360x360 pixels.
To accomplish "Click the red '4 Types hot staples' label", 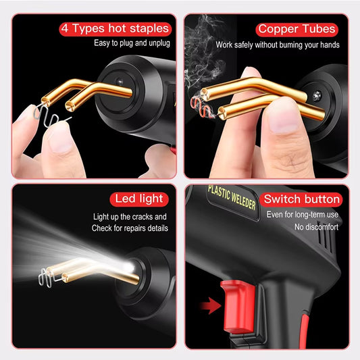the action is [115, 29].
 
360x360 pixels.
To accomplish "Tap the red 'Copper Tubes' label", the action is [297, 30].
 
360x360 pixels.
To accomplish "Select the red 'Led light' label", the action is [139, 199].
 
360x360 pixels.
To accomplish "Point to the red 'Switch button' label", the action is [301, 199].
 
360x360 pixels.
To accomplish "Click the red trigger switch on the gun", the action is [238, 307].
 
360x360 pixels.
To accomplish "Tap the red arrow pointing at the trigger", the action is [210, 305].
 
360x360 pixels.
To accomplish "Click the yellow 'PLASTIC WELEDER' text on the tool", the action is [232, 197].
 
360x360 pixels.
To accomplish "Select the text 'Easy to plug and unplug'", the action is [132, 43].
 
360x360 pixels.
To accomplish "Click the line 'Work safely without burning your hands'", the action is [278, 45].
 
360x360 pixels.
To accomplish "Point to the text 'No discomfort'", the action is [316, 227].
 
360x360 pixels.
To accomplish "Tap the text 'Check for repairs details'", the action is [130, 228].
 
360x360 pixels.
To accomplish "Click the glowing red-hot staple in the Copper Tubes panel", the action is [201, 107].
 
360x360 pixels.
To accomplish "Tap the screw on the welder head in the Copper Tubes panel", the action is [317, 95].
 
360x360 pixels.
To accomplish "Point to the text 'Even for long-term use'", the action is [303, 215].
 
